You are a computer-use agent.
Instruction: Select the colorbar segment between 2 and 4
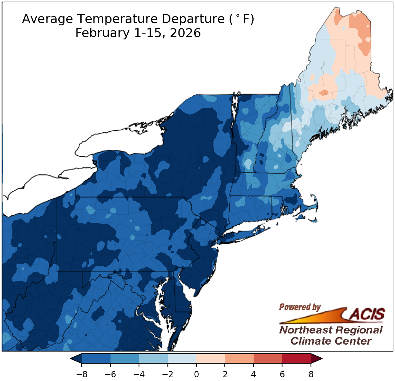pyautogui.click(x=239, y=359)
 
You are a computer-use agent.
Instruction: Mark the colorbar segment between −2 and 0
pyautogui.click(x=182, y=359)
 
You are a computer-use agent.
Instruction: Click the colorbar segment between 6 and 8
pyautogui.click(x=297, y=359)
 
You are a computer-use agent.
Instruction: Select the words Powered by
pyautogui.click(x=300, y=307)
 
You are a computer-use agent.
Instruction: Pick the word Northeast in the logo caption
pyautogui.click(x=306, y=330)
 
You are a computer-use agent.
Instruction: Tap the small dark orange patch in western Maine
pyautogui.click(x=323, y=92)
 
